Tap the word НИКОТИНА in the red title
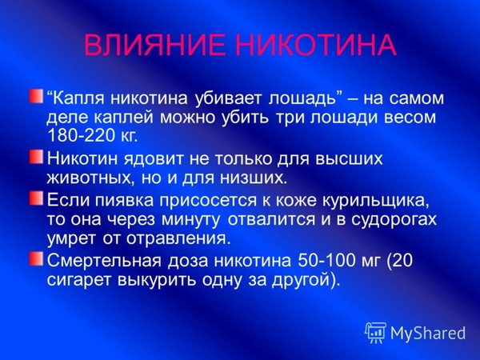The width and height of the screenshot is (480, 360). (x=318, y=45)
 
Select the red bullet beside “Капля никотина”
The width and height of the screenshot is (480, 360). (x=37, y=96)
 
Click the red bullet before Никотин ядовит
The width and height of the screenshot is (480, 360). (x=37, y=157)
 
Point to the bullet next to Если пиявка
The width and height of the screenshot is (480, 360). (x=37, y=198)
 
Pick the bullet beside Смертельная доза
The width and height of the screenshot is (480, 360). (x=37, y=258)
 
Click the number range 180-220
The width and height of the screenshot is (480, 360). (x=81, y=135)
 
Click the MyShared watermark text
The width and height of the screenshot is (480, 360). (x=428, y=333)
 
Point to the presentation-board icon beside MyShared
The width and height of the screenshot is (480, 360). (x=375, y=333)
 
